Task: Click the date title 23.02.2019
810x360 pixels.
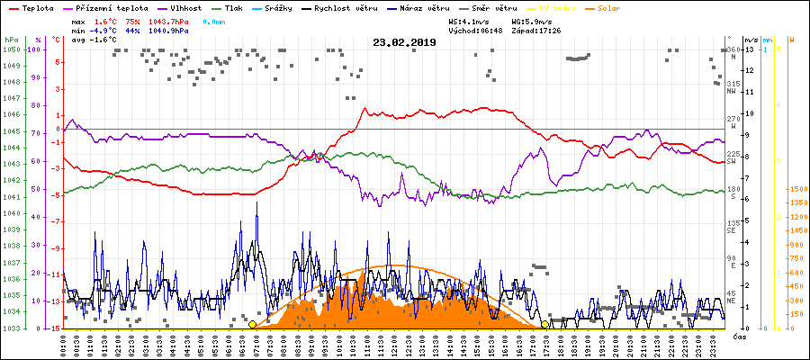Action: coord(404,41)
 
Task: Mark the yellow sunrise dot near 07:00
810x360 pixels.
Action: coord(252,324)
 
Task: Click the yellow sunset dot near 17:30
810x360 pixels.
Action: coord(545,324)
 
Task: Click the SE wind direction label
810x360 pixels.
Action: coord(733,229)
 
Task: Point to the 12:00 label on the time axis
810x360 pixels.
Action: coord(395,344)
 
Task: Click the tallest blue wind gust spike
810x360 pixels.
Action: coord(256,203)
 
